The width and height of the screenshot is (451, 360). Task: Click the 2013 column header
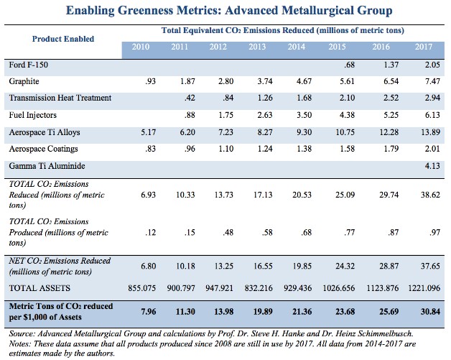pyautogui.click(x=257, y=47)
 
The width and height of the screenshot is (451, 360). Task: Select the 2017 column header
pyautogui.click(x=424, y=47)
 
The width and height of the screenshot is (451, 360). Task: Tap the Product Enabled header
pyautogui.click(x=63, y=39)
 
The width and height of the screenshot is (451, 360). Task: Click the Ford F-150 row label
pyautogui.click(x=29, y=65)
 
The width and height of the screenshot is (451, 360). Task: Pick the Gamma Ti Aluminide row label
pyautogui.click(x=47, y=166)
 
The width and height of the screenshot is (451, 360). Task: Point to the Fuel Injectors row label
pyautogui.click(x=33, y=115)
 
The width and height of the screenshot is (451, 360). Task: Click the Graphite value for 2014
pyautogui.click(x=304, y=81)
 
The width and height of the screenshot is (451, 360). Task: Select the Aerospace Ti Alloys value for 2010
pyautogui.click(x=149, y=132)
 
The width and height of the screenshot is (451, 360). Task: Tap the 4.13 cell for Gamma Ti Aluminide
pyautogui.click(x=432, y=166)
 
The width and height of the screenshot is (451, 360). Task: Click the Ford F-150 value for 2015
pyautogui.click(x=349, y=65)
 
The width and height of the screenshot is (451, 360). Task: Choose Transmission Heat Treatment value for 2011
pyautogui.click(x=190, y=98)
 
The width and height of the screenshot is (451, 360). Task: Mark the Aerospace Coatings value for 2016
pyautogui.click(x=391, y=149)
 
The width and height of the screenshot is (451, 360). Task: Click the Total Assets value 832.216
pyautogui.click(x=259, y=288)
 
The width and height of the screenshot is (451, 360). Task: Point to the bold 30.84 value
pyautogui.click(x=431, y=312)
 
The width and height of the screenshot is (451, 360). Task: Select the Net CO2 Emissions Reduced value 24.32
pyautogui.click(x=345, y=266)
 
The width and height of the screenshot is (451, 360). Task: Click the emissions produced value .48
pyautogui.click(x=228, y=232)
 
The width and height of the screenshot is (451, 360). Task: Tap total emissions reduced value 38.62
pyautogui.click(x=431, y=195)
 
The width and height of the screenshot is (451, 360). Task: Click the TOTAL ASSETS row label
pyautogui.click(x=39, y=288)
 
